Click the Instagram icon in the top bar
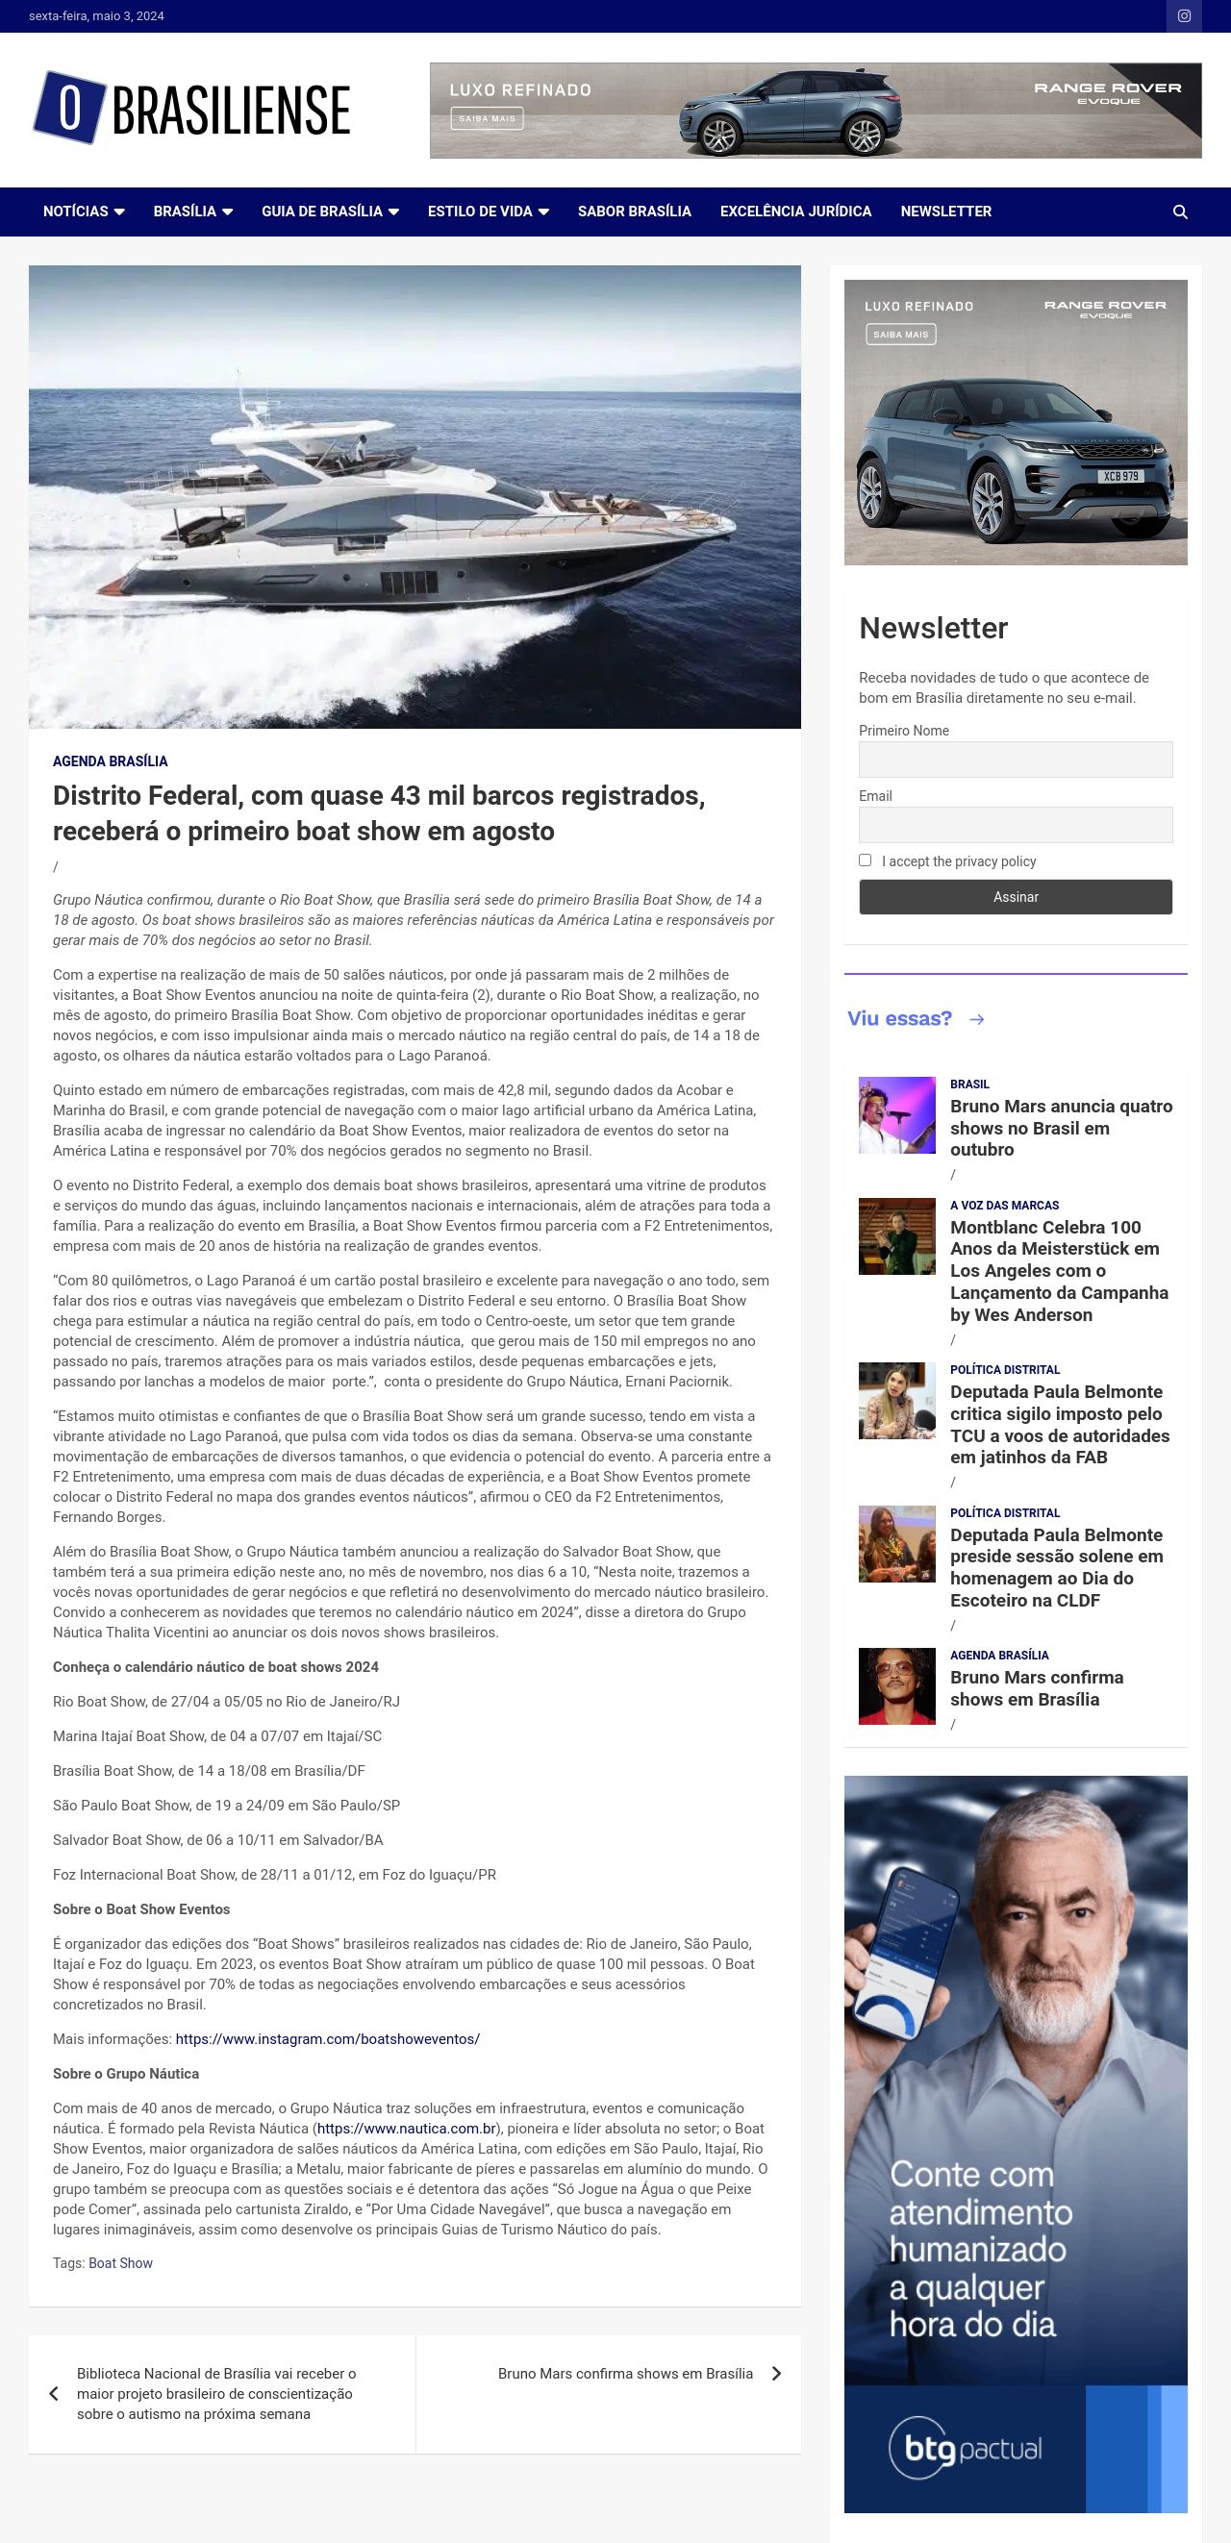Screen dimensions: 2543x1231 (1184, 15)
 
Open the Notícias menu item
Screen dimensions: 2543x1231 (83, 212)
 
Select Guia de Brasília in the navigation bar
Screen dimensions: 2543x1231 (330, 212)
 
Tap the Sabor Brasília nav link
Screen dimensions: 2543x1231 (634, 212)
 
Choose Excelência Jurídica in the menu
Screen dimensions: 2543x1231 (795, 212)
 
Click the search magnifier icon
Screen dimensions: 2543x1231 (1180, 212)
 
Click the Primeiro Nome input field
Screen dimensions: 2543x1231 (1015, 760)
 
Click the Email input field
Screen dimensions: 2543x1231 (1015, 824)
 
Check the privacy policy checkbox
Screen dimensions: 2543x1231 (866, 860)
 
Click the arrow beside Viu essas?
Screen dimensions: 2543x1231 (976, 1020)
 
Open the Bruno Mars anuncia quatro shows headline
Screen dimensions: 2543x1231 (1060, 1128)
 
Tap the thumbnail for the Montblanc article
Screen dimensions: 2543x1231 (896, 1236)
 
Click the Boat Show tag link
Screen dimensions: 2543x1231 (120, 2262)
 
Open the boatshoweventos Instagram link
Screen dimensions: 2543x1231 (327, 2038)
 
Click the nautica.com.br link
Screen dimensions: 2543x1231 (405, 2129)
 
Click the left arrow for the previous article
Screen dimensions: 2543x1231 (54, 2393)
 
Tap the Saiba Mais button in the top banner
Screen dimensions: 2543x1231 (487, 118)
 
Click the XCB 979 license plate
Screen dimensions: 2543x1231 (1119, 476)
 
